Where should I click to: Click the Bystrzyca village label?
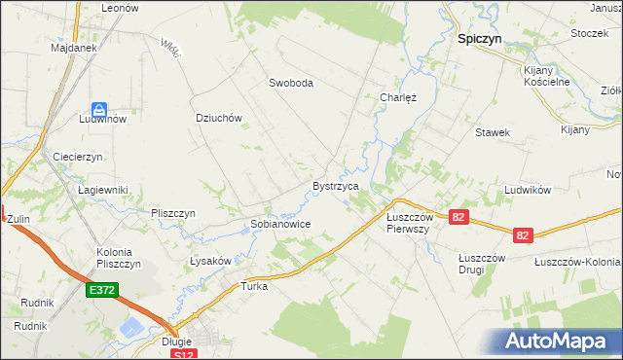[336, 186]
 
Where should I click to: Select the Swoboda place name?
[291, 84]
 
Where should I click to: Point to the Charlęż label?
[398, 97]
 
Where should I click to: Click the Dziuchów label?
[218, 118]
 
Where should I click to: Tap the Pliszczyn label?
[173, 213]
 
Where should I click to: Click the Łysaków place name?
[209, 261]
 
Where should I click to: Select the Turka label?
[254, 287]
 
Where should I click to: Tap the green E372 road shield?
[102, 290]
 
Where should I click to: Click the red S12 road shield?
[182, 356]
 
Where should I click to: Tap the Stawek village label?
[493, 132]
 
